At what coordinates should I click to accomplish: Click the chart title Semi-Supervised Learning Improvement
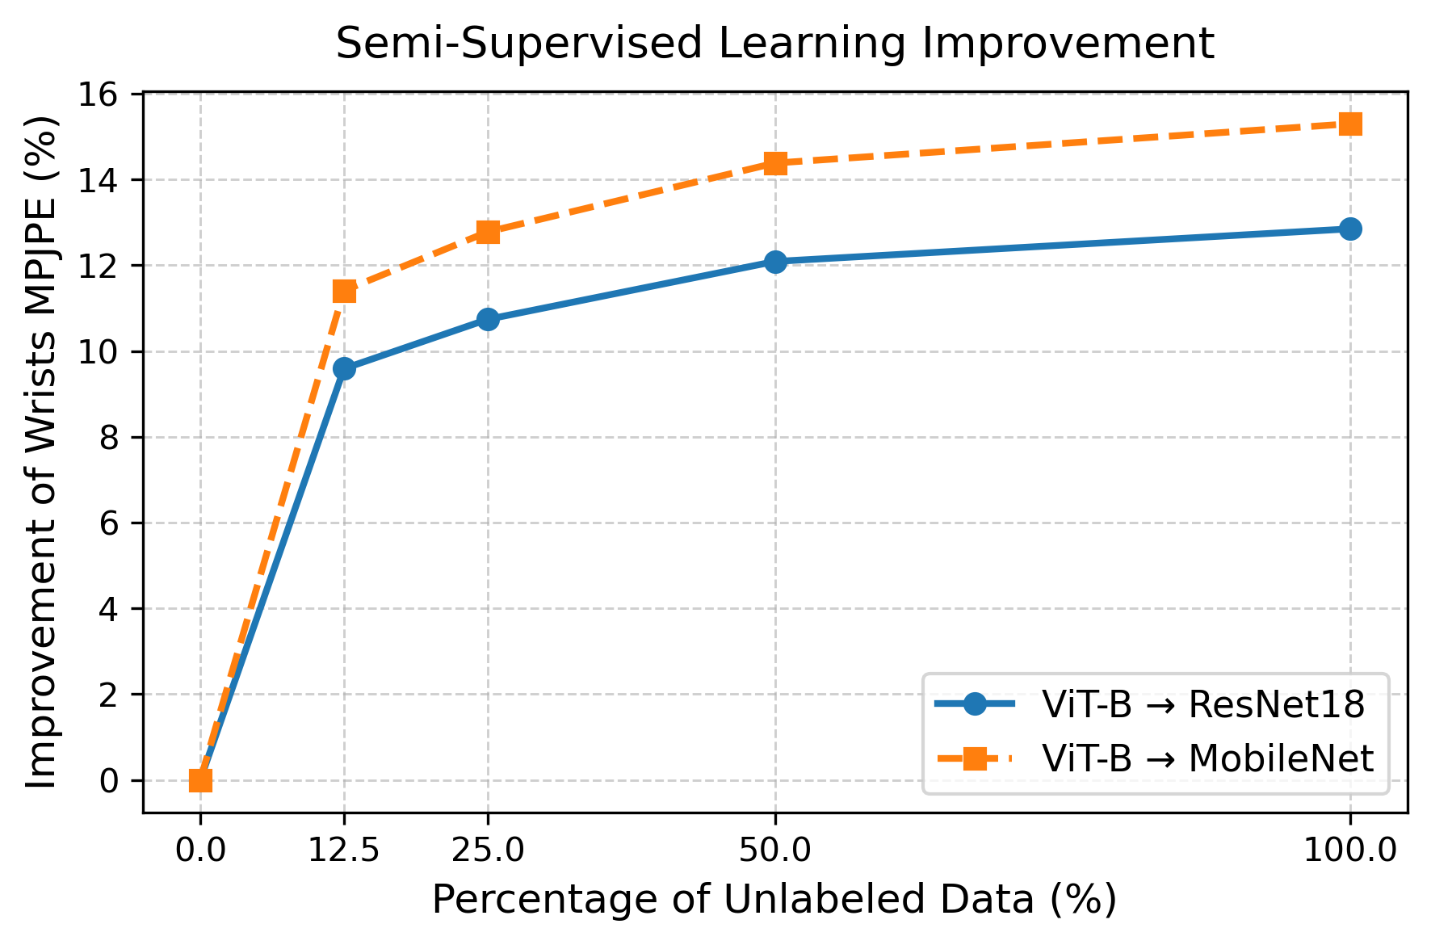(774, 44)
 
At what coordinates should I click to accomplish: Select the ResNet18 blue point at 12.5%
(344, 368)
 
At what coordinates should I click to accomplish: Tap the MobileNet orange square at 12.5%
(344, 291)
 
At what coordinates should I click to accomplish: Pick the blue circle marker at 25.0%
(488, 319)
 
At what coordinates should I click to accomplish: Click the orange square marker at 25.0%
(488, 232)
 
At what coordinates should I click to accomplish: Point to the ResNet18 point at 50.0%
(775, 262)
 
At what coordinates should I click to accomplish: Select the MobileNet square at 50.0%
(775, 164)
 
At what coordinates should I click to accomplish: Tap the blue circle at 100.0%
(1350, 229)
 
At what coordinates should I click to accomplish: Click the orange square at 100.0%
(1350, 124)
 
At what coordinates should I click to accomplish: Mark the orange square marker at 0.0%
(200, 780)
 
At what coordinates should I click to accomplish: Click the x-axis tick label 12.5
(344, 850)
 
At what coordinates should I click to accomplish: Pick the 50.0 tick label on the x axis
(775, 850)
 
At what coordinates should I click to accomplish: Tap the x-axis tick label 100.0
(1350, 850)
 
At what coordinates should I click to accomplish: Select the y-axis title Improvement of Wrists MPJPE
(42, 452)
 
